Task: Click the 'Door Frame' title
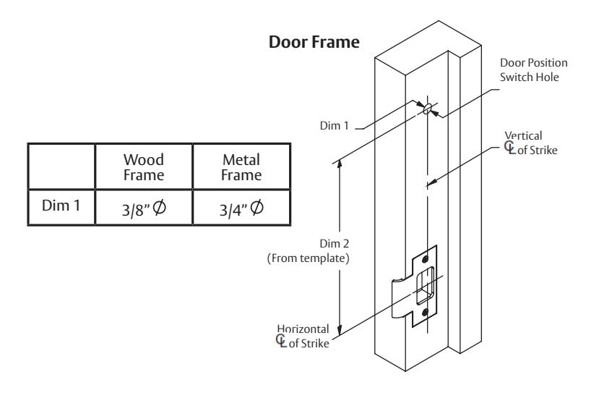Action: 314,42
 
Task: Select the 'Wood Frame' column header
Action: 144,167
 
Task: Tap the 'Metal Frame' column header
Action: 241,167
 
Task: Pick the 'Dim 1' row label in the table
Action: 61,206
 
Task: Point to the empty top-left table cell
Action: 61,166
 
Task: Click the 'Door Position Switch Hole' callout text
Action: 534,69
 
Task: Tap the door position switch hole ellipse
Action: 428,109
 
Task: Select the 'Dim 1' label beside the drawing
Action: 335,125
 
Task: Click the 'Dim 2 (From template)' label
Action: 308,251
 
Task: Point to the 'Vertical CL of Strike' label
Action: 530,143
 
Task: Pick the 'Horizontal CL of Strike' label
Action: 303,336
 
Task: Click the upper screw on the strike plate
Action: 425,260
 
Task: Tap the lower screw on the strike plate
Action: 425,313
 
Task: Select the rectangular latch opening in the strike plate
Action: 425,286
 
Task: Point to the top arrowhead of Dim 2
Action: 340,164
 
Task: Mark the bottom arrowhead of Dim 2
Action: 340,331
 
